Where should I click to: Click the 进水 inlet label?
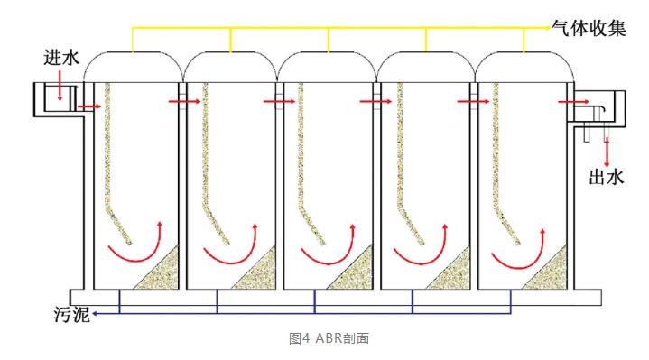pyautogui.click(x=61, y=58)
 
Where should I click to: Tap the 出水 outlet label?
pyautogui.click(x=606, y=177)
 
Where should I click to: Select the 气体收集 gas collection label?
pyautogui.click(x=589, y=28)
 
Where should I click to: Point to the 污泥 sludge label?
pyautogui.click(x=72, y=315)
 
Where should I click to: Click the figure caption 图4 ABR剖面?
pyautogui.click(x=329, y=338)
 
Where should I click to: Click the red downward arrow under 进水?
pyautogui.click(x=60, y=86)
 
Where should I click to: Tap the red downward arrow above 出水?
pyautogui.click(x=607, y=152)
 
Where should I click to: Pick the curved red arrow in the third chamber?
pyautogui.click(x=331, y=262)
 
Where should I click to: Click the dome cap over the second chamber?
pyautogui.click(x=230, y=53)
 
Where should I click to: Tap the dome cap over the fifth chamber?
pyautogui.click(x=524, y=52)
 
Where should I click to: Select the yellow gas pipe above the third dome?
pyautogui.click(x=329, y=40)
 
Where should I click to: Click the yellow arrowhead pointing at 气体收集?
pyautogui.click(x=548, y=28)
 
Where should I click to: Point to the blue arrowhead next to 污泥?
pyautogui.click(x=95, y=314)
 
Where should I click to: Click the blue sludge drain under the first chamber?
pyautogui.click(x=120, y=301)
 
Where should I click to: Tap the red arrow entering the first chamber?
pyautogui.click(x=89, y=106)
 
